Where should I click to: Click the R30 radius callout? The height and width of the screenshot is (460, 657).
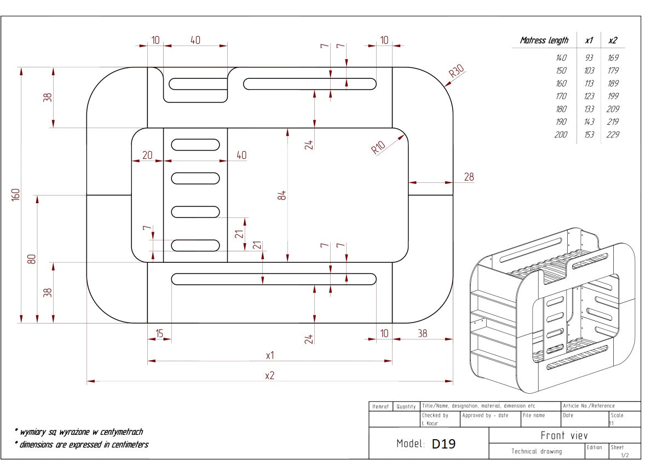[x=456, y=72]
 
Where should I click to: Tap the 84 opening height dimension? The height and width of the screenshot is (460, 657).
[x=282, y=195]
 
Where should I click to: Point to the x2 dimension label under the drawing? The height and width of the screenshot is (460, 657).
[x=269, y=375]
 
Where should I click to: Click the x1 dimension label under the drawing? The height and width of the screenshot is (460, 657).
[x=269, y=355]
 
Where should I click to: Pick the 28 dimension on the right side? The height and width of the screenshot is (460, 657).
[x=469, y=176]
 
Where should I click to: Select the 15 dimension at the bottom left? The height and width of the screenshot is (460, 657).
[x=159, y=333]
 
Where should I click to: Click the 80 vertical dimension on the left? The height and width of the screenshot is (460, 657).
[x=32, y=258]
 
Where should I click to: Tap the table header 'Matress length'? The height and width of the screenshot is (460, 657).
[x=544, y=40]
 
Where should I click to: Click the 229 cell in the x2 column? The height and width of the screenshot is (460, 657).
[x=613, y=135]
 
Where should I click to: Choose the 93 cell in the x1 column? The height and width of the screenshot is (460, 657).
[x=589, y=58]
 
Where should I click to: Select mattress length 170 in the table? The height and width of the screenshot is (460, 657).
[x=561, y=96]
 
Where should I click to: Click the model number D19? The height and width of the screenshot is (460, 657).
[x=443, y=444]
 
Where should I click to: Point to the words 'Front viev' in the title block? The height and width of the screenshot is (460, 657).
[x=564, y=436]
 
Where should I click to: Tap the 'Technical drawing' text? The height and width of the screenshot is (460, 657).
[x=537, y=451]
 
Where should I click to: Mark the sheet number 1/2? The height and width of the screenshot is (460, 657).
[x=625, y=455]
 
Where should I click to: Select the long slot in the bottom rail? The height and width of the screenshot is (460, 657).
[x=274, y=279]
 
